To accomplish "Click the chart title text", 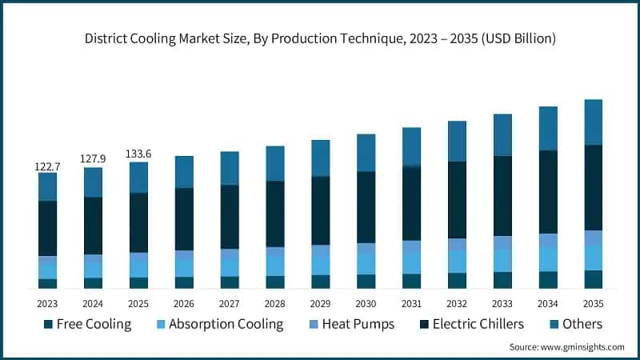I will (x=320, y=38).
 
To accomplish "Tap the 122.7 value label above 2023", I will (x=47, y=166).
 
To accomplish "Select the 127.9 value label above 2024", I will (x=93, y=158).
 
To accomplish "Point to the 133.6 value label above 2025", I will (x=138, y=154).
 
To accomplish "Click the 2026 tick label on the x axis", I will (x=184, y=304).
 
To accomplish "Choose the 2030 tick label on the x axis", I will (x=366, y=304).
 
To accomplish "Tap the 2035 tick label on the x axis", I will (x=593, y=304).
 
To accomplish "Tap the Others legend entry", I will (x=573, y=324).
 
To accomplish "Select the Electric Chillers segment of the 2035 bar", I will (x=593, y=187).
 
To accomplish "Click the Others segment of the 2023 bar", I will (x=47, y=186).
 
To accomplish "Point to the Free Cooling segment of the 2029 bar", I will (x=320, y=282).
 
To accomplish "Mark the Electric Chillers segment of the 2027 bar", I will (x=230, y=217).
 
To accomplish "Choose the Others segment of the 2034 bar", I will (x=548, y=128).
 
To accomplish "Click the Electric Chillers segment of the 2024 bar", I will (x=93, y=226).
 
